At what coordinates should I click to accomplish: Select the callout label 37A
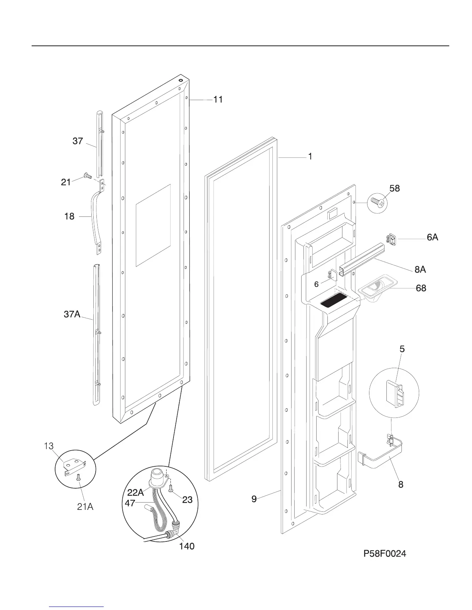(x=72, y=315)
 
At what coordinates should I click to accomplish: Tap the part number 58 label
(x=394, y=188)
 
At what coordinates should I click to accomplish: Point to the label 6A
(x=432, y=238)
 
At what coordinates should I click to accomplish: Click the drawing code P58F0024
(x=384, y=554)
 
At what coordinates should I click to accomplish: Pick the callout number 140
(x=186, y=546)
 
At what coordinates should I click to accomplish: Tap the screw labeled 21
(x=88, y=176)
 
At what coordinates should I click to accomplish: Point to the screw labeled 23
(x=171, y=488)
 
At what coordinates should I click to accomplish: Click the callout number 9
(x=254, y=499)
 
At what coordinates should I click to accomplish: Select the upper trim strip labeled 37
(x=100, y=142)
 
